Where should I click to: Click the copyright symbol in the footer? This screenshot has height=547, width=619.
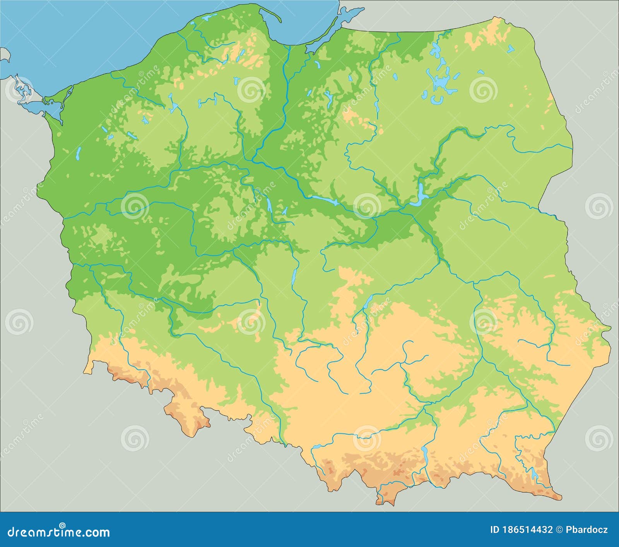click(x=559, y=530)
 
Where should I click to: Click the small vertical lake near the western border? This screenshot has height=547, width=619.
click(x=79, y=154)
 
